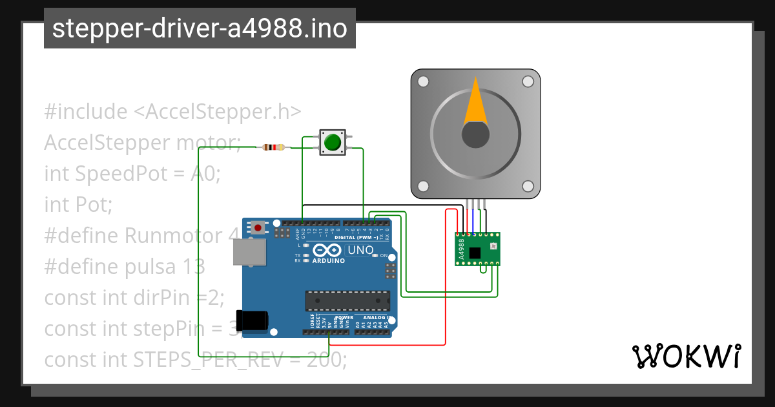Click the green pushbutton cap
click(x=333, y=142)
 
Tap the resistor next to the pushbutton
click(x=274, y=147)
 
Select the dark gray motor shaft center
click(x=475, y=134)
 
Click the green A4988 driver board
click(x=477, y=249)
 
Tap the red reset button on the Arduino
click(x=258, y=227)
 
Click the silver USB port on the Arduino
click(x=250, y=252)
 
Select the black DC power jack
click(x=252, y=322)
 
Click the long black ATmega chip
click(x=347, y=300)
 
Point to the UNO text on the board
click(x=360, y=250)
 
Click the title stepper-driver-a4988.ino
click(x=200, y=29)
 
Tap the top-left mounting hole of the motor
click(x=423, y=81)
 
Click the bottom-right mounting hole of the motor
click(x=528, y=187)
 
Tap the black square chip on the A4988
click(x=476, y=253)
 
